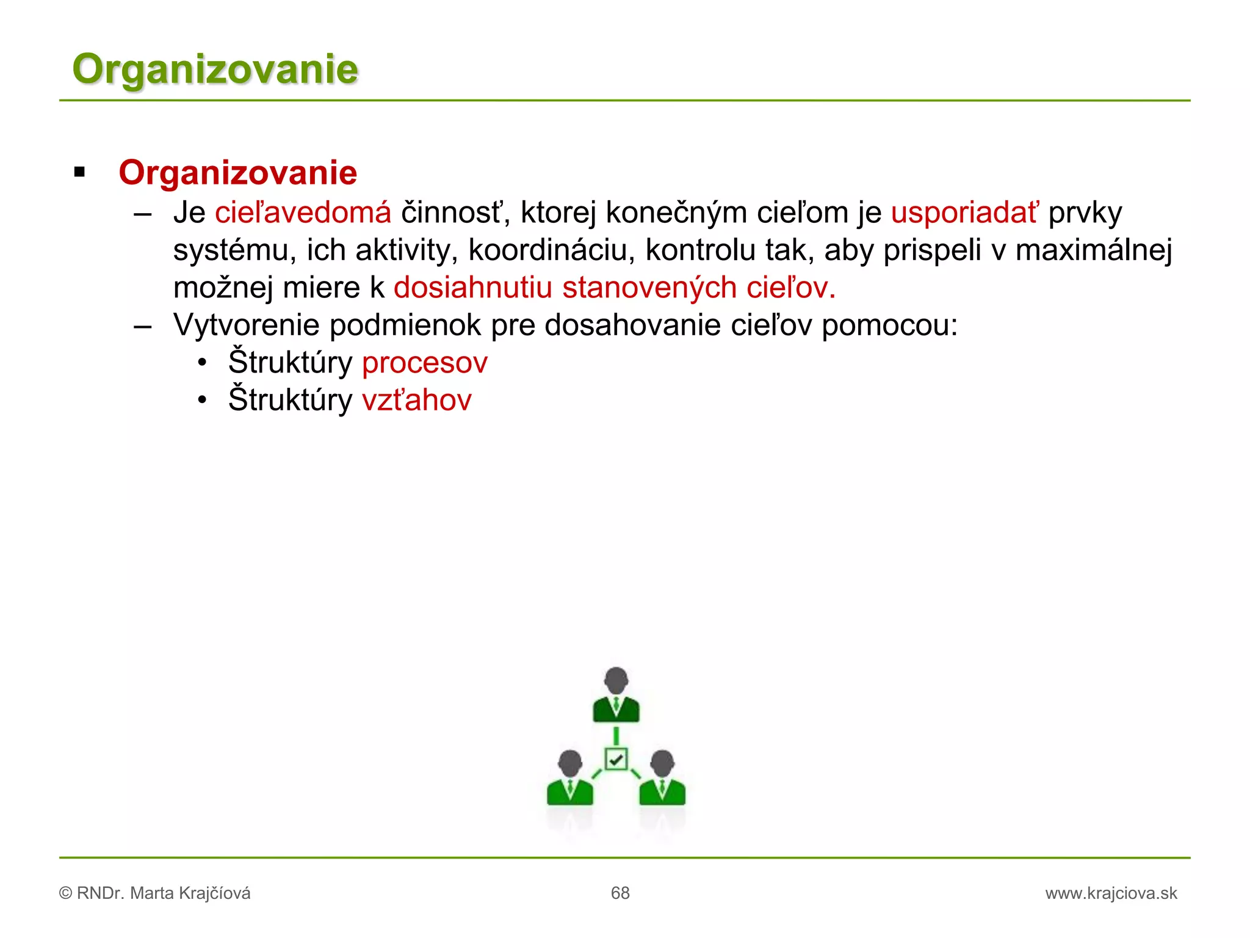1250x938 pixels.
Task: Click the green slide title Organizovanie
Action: click(x=215, y=69)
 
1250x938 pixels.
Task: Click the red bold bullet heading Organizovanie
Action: click(x=237, y=173)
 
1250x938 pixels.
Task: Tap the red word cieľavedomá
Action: click(x=303, y=213)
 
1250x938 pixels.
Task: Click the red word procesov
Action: click(x=425, y=363)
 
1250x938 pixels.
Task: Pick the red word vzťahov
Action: click(x=417, y=401)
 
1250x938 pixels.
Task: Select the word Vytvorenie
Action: click(x=246, y=325)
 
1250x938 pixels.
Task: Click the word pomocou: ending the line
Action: click(x=889, y=325)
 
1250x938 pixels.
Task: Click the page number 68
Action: click(x=620, y=893)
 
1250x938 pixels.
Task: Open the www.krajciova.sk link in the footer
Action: click(x=1111, y=893)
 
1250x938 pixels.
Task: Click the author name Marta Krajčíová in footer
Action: click(x=190, y=893)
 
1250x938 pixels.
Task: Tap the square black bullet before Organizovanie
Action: click(x=79, y=173)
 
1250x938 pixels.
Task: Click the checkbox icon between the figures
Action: click(x=616, y=759)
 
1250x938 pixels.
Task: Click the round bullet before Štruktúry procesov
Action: click(x=203, y=363)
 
